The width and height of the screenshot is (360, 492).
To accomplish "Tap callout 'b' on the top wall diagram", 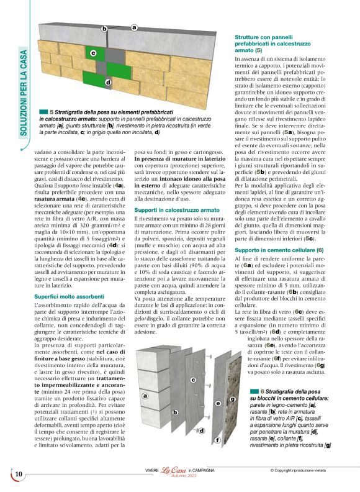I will tap(104, 29).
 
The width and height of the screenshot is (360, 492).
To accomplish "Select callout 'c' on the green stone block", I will tap(93, 53).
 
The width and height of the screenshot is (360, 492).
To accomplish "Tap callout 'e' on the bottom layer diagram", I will tap(218, 403).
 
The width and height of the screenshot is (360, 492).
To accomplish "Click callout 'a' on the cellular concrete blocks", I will tap(145, 395).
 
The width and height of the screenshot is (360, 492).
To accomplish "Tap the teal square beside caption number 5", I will tap(43, 109).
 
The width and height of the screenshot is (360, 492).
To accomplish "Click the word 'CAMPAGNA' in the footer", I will tap(203, 470).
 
